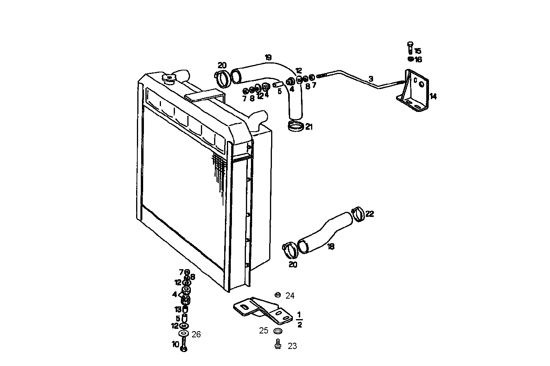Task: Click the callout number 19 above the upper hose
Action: point(268,58)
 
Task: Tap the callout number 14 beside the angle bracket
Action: point(433,96)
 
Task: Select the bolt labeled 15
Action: point(410,48)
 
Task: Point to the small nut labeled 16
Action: point(410,59)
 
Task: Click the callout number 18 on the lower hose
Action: point(330,246)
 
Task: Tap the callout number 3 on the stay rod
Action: point(371,79)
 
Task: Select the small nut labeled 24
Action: point(277,295)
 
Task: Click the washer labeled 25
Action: point(277,331)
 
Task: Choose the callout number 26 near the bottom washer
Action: point(196,334)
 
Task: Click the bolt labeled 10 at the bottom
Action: point(184,344)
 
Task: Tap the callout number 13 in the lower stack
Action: point(178,309)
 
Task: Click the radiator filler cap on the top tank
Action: point(169,79)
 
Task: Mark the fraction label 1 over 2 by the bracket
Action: point(299,319)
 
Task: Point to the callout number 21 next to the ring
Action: point(309,127)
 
